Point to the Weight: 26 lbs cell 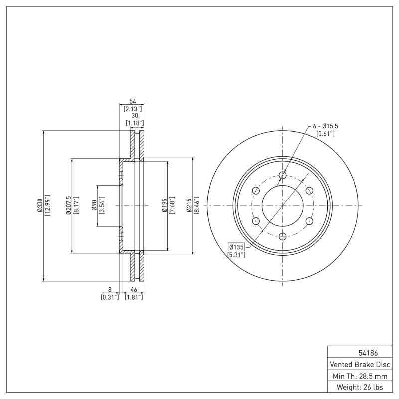click(359, 387)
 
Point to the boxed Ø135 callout click(236, 247)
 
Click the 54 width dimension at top click(133, 101)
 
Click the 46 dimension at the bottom click(134, 289)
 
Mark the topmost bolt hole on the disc click(283, 175)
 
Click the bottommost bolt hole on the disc click(283, 236)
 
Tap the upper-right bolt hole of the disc click(309, 191)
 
